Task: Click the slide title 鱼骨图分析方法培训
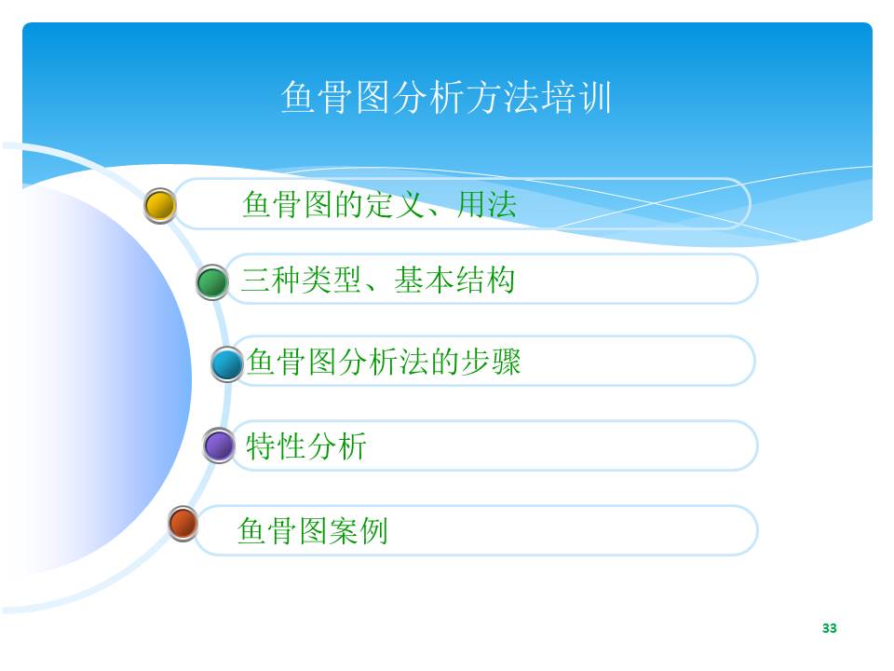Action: [x=446, y=97]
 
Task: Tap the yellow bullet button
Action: [x=160, y=205]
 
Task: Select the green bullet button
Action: [x=212, y=281]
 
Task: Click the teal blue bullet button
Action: [x=227, y=363]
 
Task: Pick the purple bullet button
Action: [x=219, y=445]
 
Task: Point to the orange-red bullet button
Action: [x=183, y=523]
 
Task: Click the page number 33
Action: [x=830, y=628]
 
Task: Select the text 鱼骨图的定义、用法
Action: [x=380, y=204]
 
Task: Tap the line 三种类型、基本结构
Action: [x=377, y=280]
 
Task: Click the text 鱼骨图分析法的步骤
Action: [x=384, y=362]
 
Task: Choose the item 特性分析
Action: [x=306, y=445]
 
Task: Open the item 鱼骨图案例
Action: [x=313, y=530]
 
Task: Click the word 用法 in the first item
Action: [x=487, y=204]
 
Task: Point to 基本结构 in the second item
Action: [x=454, y=280]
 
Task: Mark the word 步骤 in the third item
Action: [x=491, y=362]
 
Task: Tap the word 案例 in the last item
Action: [x=358, y=530]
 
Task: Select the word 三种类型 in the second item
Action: [x=301, y=280]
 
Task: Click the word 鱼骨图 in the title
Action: [x=336, y=97]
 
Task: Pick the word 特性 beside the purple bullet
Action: [x=276, y=445]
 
